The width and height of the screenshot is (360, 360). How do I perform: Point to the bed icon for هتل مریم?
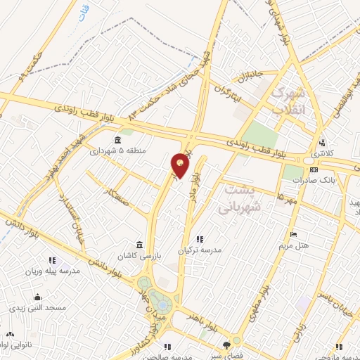[293, 234]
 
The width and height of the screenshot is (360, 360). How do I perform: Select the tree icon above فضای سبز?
[226, 345]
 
